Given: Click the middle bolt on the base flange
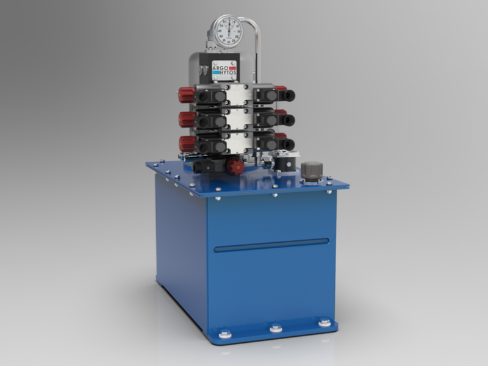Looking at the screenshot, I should click(275, 328).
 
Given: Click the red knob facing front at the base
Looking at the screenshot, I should click(234, 165).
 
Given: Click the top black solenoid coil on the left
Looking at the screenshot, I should click(207, 96).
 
